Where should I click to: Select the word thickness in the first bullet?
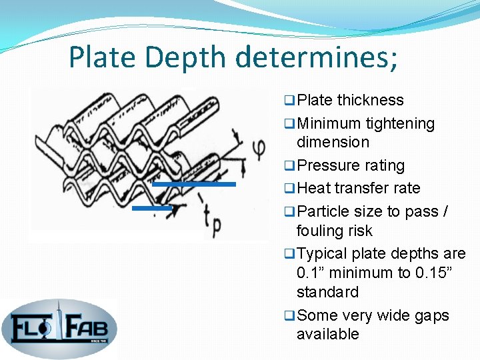tap(370, 100)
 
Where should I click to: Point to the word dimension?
tap(332, 142)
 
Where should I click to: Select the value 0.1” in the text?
tap(313, 273)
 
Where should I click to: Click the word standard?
tap(327, 292)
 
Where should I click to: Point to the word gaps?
tap(432, 315)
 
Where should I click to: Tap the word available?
tap(327, 334)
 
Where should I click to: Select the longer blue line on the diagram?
tap(193, 183)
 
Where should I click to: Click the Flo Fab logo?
tap(59, 328)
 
